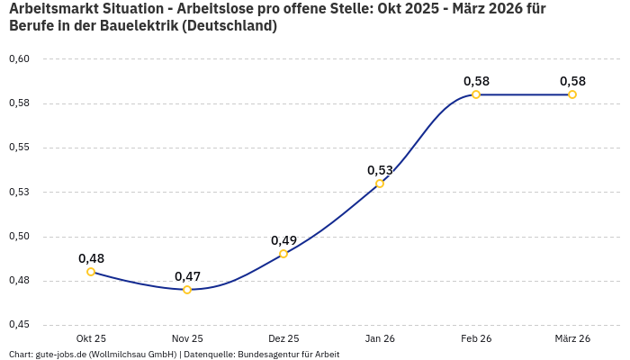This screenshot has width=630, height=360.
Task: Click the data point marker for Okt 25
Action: click(91, 272)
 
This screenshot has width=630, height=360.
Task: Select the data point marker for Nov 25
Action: click(187, 290)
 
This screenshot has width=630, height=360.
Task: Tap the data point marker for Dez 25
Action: click(283, 254)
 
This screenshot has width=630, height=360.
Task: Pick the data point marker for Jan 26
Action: click(380, 184)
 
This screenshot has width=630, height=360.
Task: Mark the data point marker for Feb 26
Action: click(476, 94)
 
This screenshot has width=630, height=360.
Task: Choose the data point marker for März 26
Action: click(572, 94)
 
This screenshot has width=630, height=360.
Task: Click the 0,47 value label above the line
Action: click(187, 276)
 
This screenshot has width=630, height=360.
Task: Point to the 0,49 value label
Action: click(283, 240)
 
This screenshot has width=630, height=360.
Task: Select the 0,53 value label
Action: click(380, 170)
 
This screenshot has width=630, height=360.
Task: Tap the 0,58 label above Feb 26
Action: click(476, 81)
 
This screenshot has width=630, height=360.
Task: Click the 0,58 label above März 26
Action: click(572, 81)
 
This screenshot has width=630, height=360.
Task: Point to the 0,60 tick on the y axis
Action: click(19, 58)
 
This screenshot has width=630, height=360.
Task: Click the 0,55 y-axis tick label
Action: click(19, 148)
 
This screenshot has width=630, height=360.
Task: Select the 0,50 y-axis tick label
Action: click(19, 236)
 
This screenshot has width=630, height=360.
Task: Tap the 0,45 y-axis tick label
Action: click(19, 325)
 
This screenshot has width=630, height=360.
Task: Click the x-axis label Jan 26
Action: click(380, 338)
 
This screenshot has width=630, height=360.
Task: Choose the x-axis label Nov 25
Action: click(187, 338)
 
